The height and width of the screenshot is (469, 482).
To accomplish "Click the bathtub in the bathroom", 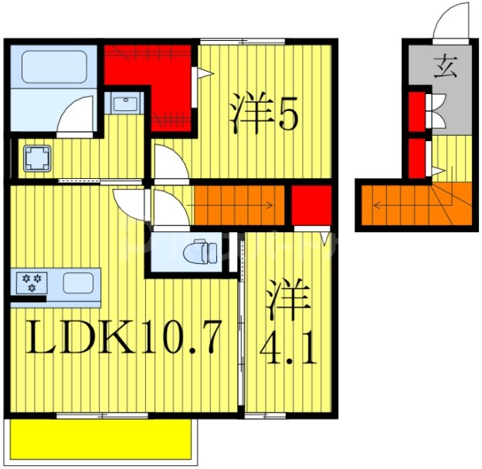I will (52, 68).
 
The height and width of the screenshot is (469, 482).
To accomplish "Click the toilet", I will (205, 251).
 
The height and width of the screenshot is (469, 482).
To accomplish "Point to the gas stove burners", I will (32, 282).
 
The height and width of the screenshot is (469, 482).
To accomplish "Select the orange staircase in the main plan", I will (239, 206).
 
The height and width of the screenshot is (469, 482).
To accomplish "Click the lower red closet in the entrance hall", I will (416, 157).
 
